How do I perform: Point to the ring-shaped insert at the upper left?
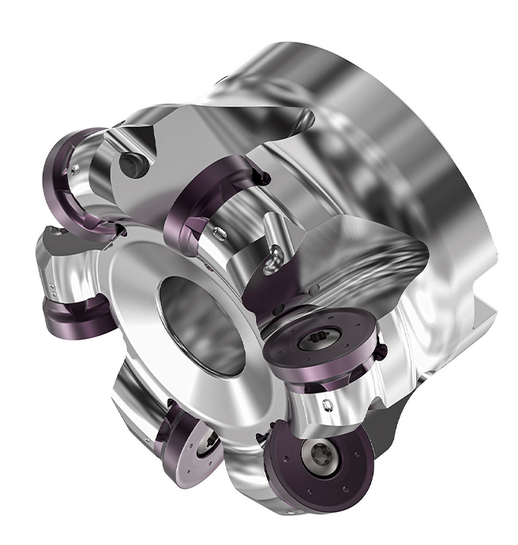click(78, 181)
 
